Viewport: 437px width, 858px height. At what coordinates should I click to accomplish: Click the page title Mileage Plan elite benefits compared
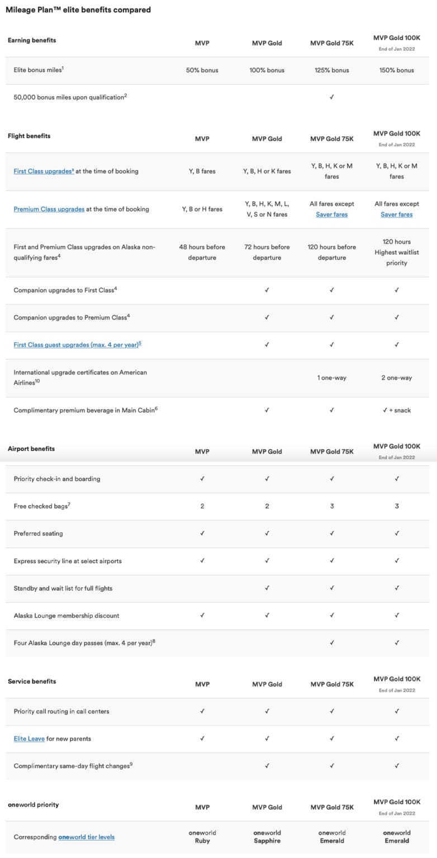tap(78, 9)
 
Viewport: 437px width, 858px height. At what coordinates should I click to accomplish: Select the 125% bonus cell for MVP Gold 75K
tap(332, 70)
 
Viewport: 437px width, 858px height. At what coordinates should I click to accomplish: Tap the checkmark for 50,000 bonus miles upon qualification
tap(332, 97)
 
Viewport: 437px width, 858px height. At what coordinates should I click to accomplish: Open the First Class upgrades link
tap(44, 171)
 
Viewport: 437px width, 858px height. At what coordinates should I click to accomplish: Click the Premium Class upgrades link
tap(49, 209)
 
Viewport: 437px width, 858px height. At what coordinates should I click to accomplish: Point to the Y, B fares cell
tap(202, 171)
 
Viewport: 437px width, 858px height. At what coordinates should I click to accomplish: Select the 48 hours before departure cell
tap(202, 252)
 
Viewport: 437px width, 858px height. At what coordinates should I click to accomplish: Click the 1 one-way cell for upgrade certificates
tap(332, 378)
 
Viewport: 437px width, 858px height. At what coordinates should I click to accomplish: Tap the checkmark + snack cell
tap(397, 411)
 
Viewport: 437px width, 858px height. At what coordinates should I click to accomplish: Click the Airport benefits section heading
tap(31, 449)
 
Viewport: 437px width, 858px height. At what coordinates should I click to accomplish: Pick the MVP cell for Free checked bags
tap(202, 506)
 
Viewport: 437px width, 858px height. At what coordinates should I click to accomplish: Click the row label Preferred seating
tap(38, 533)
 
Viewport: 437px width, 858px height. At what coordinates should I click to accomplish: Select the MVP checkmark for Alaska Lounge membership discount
tap(202, 616)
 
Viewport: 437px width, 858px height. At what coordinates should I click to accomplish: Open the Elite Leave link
tap(29, 739)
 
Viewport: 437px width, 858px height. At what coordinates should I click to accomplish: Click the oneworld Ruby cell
tap(202, 837)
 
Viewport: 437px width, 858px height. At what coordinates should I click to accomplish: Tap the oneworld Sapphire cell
tap(267, 837)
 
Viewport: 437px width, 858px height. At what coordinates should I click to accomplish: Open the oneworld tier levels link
tap(86, 837)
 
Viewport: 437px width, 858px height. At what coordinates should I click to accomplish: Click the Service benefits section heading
tap(32, 681)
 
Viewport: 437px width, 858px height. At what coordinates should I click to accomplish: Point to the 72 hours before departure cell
tap(267, 252)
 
